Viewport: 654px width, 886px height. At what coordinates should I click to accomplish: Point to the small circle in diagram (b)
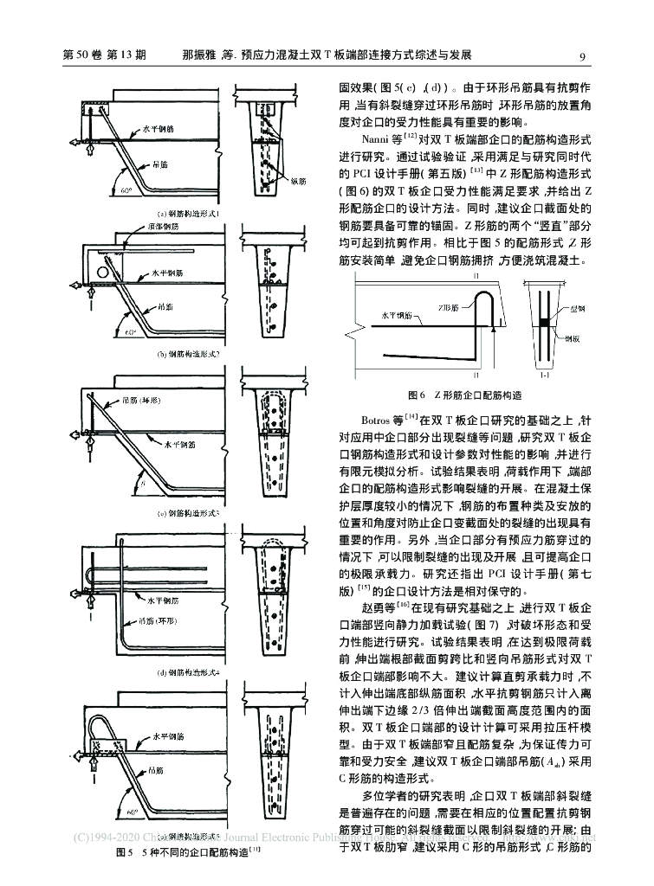(x=105, y=273)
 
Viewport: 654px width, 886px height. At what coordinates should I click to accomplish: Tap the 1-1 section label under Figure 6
(x=547, y=377)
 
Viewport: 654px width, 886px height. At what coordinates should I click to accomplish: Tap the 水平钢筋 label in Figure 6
(x=395, y=316)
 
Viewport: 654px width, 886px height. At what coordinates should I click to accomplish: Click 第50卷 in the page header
(x=83, y=57)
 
